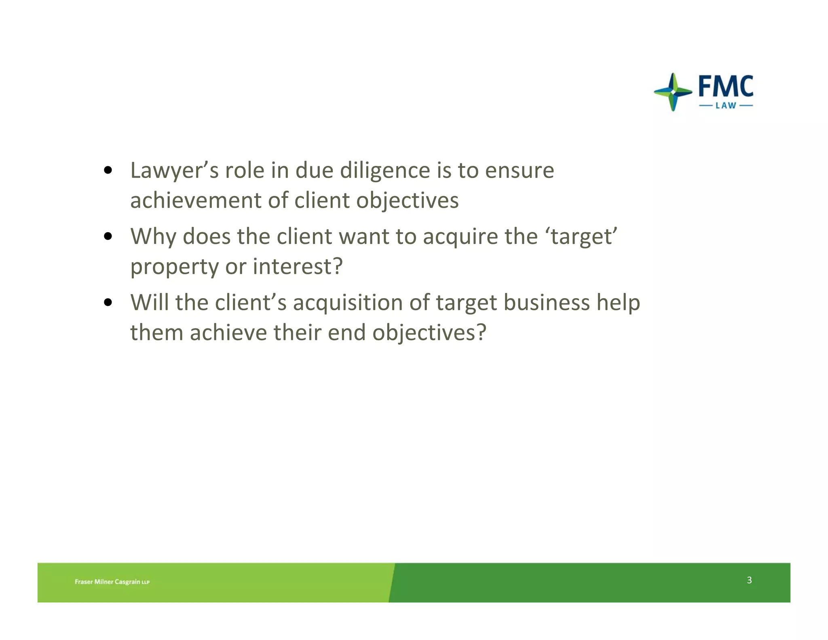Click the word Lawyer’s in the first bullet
pyautogui.click(x=174, y=171)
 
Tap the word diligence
pyautogui.click(x=385, y=171)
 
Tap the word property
pyautogui.click(x=174, y=267)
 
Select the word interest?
pyautogui.click(x=298, y=267)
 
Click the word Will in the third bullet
pyautogui.click(x=149, y=303)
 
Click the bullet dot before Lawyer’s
pyautogui.click(x=108, y=170)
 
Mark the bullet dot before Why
pyautogui.click(x=108, y=236)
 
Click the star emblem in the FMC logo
pyautogui.click(x=673, y=92)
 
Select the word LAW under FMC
pyautogui.click(x=726, y=106)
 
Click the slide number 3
pyautogui.click(x=749, y=580)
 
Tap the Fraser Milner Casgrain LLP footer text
pyautogui.click(x=112, y=582)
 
